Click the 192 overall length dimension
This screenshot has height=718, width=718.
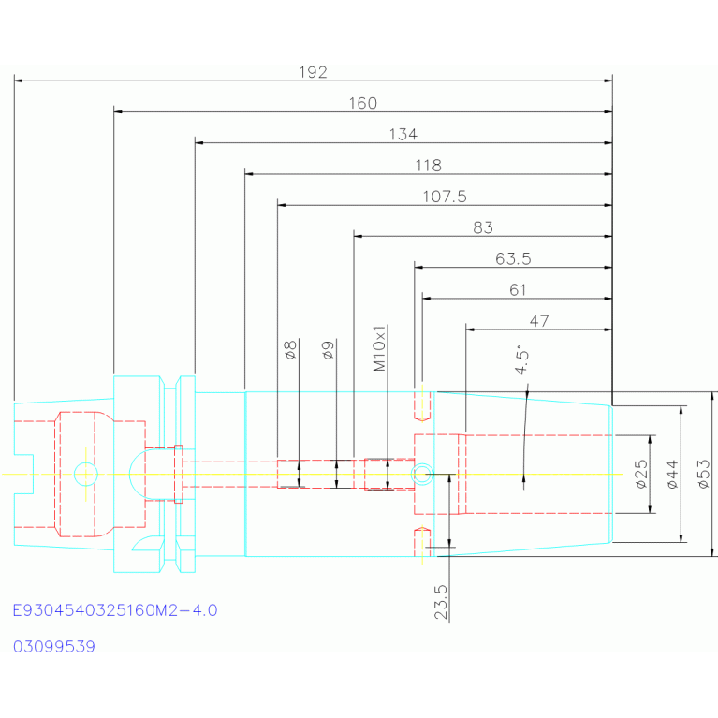pos(314,72)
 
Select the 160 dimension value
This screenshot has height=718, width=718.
pos(363,104)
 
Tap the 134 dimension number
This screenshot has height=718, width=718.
pos(403,135)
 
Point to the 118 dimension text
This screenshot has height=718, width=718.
pos(429,166)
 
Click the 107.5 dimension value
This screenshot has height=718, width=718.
pos(445,197)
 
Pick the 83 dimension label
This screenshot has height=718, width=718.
pos(483,228)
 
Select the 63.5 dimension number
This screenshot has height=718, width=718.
pos(513,259)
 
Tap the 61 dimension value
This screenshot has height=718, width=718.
pos(518,290)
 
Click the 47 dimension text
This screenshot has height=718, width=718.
pos(539,321)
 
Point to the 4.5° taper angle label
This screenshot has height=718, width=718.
pos(521,360)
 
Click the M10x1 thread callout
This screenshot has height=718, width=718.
pos(380,348)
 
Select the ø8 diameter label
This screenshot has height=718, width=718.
pos(291,350)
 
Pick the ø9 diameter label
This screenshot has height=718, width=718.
pos(329,350)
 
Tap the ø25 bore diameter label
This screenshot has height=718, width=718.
pos(642,475)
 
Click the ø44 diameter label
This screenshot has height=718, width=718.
pos(672,475)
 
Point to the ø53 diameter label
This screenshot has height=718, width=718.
pos(704,475)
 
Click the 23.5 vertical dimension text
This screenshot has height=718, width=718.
pos(441,602)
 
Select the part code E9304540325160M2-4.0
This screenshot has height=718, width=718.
pos(115,610)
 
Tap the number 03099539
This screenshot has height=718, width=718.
pos(54,647)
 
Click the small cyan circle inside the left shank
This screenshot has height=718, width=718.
pos(85,463)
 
